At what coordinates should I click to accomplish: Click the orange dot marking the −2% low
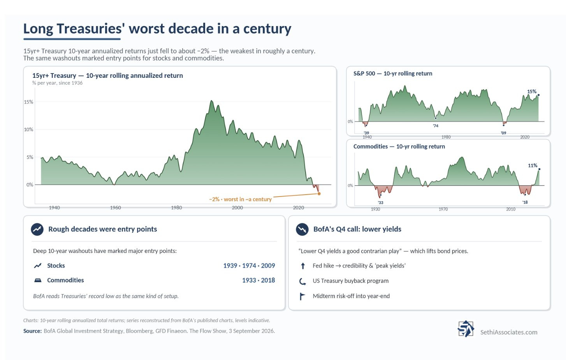click(319, 194)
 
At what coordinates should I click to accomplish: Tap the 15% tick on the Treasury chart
click(28, 102)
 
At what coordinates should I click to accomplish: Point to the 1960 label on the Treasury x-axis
click(115, 208)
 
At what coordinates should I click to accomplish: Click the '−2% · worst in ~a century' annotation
click(240, 199)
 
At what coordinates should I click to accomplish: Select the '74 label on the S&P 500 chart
click(436, 126)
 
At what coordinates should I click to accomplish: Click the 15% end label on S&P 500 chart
click(532, 91)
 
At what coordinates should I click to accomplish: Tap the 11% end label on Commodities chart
click(533, 165)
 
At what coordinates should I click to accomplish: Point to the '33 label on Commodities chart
click(381, 203)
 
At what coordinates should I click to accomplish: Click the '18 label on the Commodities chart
click(525, 202)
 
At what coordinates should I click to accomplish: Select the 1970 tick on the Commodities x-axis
click(443, 209)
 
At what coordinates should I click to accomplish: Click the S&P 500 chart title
click(393, 74)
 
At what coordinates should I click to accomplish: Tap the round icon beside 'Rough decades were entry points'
click(37, 229)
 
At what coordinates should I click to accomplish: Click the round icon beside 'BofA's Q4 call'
click(302, 229)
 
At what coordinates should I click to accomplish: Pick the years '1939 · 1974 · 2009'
click(249, 265)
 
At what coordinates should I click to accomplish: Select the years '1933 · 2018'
click(258, 280)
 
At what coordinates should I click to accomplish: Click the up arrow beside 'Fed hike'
click(303, 266)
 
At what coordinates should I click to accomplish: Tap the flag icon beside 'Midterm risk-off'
click(302, 296)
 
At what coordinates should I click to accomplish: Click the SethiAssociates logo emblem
click(466, 329)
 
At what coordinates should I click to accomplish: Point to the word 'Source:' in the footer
click(32, 331)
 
